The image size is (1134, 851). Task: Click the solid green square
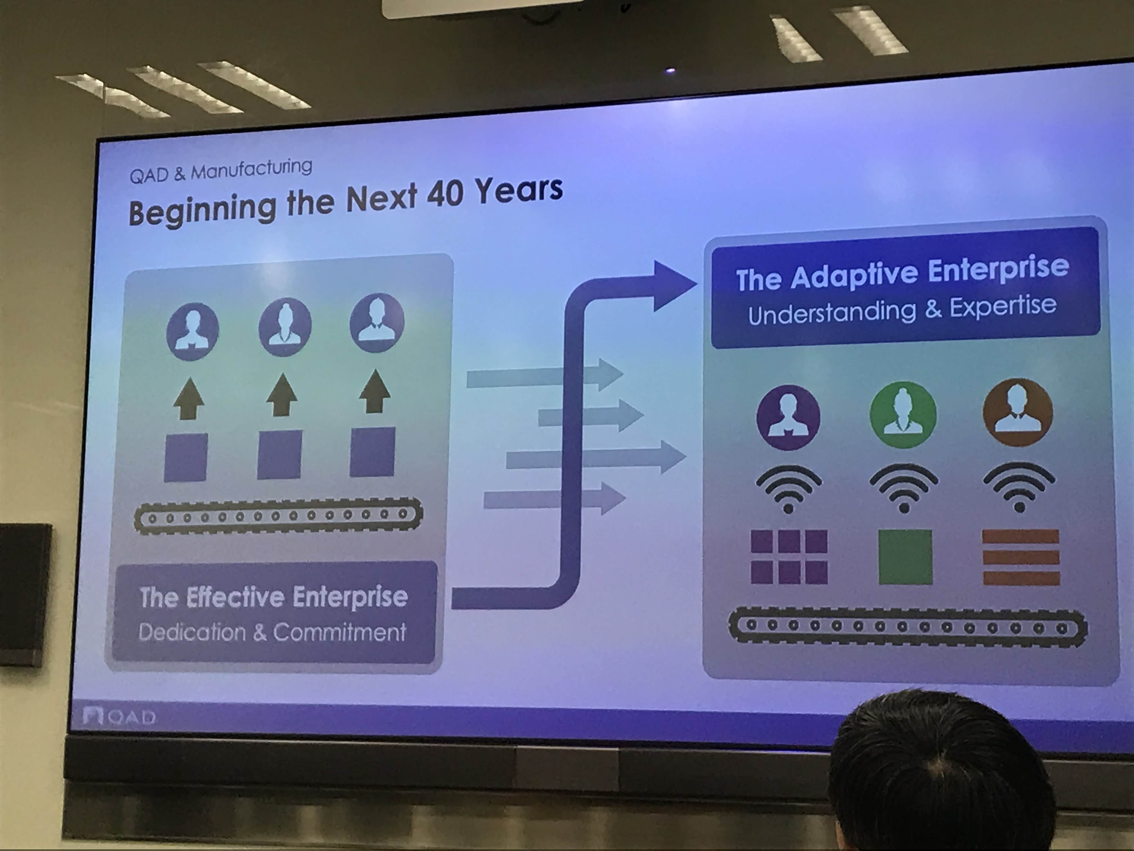coord(905,557)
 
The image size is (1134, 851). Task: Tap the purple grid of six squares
coord(789,557)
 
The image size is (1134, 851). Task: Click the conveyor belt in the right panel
coord(907,627)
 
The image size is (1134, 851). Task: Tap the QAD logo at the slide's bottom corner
coord(119,716)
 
